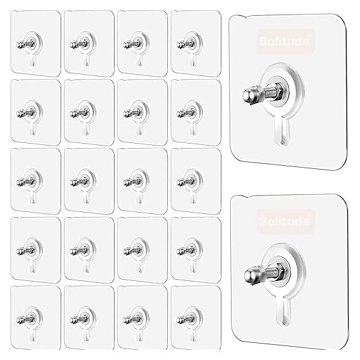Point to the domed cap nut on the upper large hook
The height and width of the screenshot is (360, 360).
[248, 94]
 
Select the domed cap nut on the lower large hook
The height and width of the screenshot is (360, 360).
[249, 276]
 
